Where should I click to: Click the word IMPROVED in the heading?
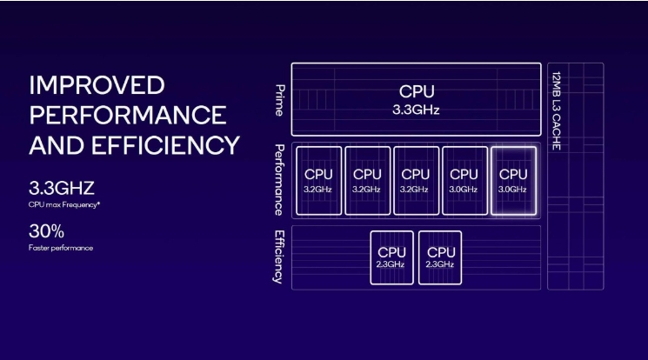coord(96,85)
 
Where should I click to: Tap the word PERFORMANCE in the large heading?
coord(127,115)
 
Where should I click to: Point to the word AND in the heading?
coord(58,144)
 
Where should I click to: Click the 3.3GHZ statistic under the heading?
coord(61,187)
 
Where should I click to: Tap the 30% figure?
coord(46,232)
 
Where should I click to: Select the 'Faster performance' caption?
coord(61,249)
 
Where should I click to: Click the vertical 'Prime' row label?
coord(279,99)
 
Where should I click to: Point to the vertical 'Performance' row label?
coord(279,179)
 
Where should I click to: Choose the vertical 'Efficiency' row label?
coord(279,257)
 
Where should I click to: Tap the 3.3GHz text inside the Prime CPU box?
coord(417,110)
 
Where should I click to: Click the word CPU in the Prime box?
coord(417,91)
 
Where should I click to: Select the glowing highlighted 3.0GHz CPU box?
coord(513,180)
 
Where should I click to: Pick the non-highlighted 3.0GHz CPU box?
coord(464,180)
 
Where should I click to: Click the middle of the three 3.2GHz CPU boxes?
coord(367,180)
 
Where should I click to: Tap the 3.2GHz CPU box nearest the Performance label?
coord(318,180)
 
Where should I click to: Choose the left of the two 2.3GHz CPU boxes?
coord(391,257)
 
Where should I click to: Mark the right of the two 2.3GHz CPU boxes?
coord(440,257)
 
